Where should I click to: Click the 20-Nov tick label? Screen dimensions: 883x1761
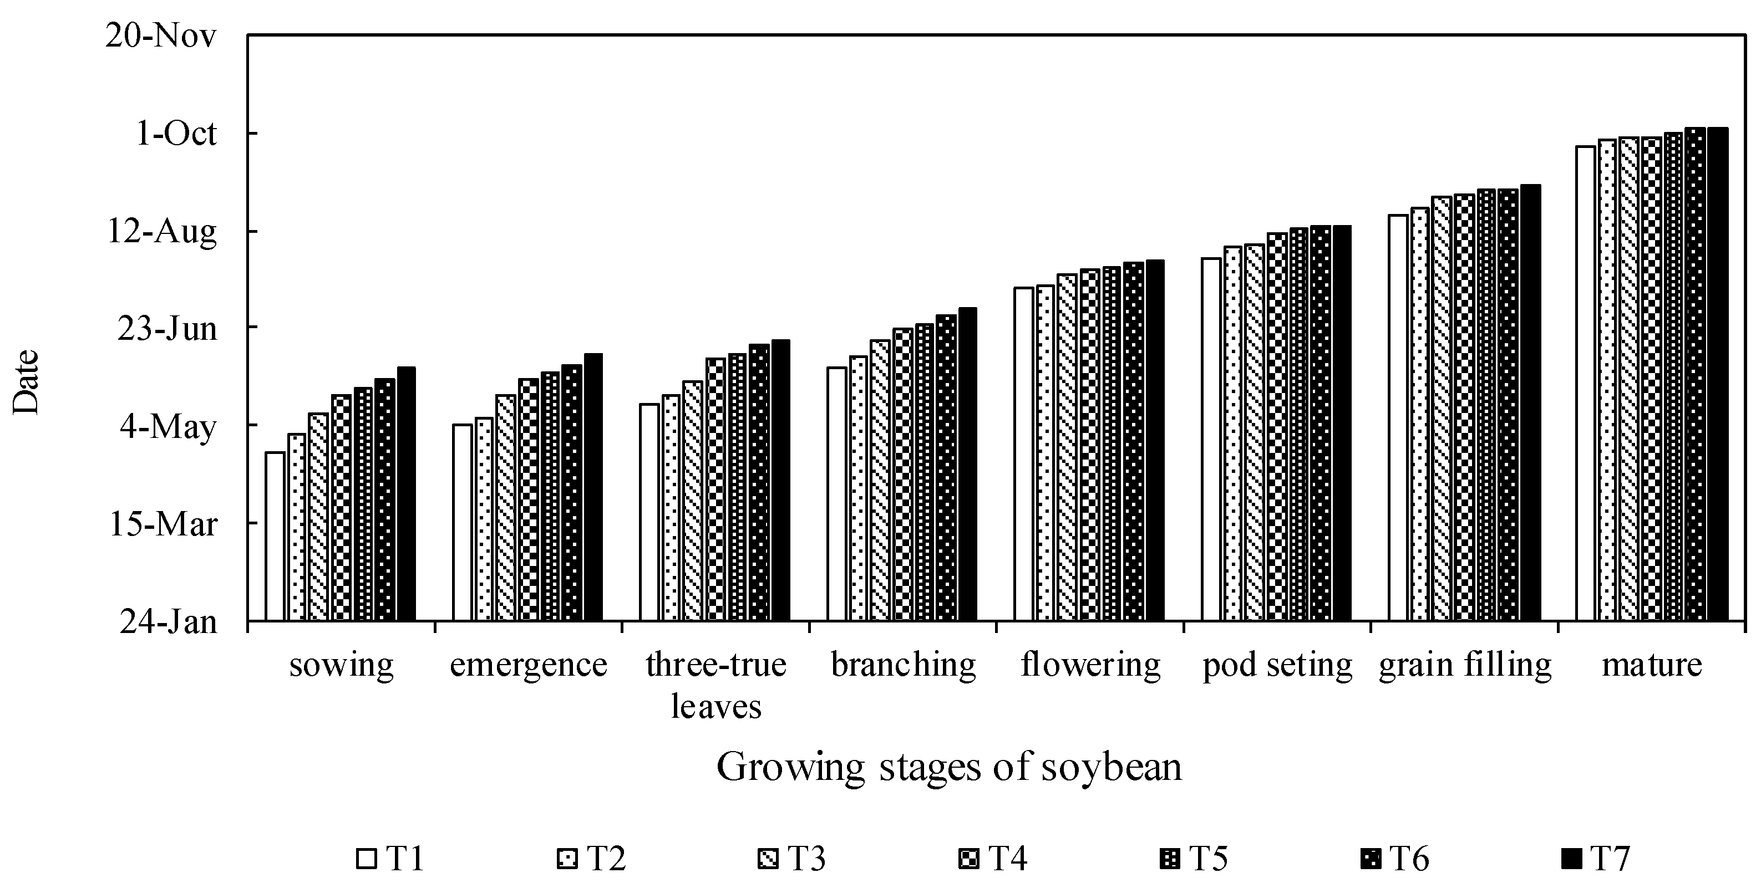(x=161, y=35)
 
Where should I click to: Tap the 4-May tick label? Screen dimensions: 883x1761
(x=168, y=427)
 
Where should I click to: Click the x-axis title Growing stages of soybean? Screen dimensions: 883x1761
(x=949, y=767)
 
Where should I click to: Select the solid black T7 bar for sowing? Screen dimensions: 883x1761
(x=406, y=493)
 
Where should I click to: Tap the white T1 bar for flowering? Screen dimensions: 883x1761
(x=1023, y=454)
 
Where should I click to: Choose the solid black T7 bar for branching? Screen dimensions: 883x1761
(x=967, y=464)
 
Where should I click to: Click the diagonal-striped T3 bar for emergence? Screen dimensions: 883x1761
(x=506, y=507)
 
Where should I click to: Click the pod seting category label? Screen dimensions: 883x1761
(x=1277, y=664)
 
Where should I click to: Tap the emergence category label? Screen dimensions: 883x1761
(x=529, y=664)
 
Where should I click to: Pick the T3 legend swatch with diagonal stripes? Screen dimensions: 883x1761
(x=768, y=859)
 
